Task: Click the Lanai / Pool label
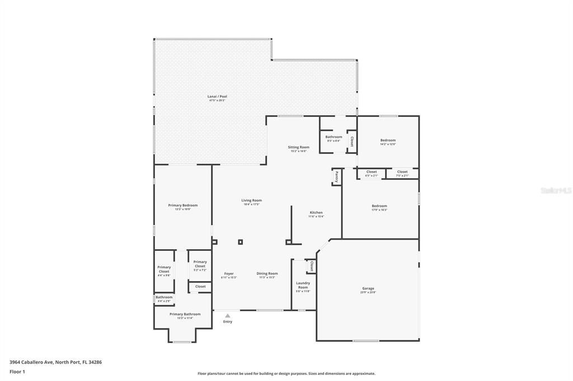coord(217,97)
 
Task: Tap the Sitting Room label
coord(299,147)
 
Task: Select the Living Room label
coord(251,200)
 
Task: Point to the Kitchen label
coord(316,212)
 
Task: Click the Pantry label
coord(336,177)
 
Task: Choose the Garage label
coord(368,288)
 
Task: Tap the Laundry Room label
coord(303,285)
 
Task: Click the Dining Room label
coord(267,273)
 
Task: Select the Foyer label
coord(229,273)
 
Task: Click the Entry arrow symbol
coord(227,316)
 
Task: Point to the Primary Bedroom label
coord(183,205)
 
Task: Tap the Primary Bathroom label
coord(185,314)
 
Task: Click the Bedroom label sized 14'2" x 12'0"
coord(388,140)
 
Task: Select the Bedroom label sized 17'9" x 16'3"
coord(379,206)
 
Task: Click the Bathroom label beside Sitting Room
coord(334,137)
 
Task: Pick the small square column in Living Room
coord(241,242)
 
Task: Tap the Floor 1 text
coord(17,371)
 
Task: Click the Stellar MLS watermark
coord(555,190)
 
